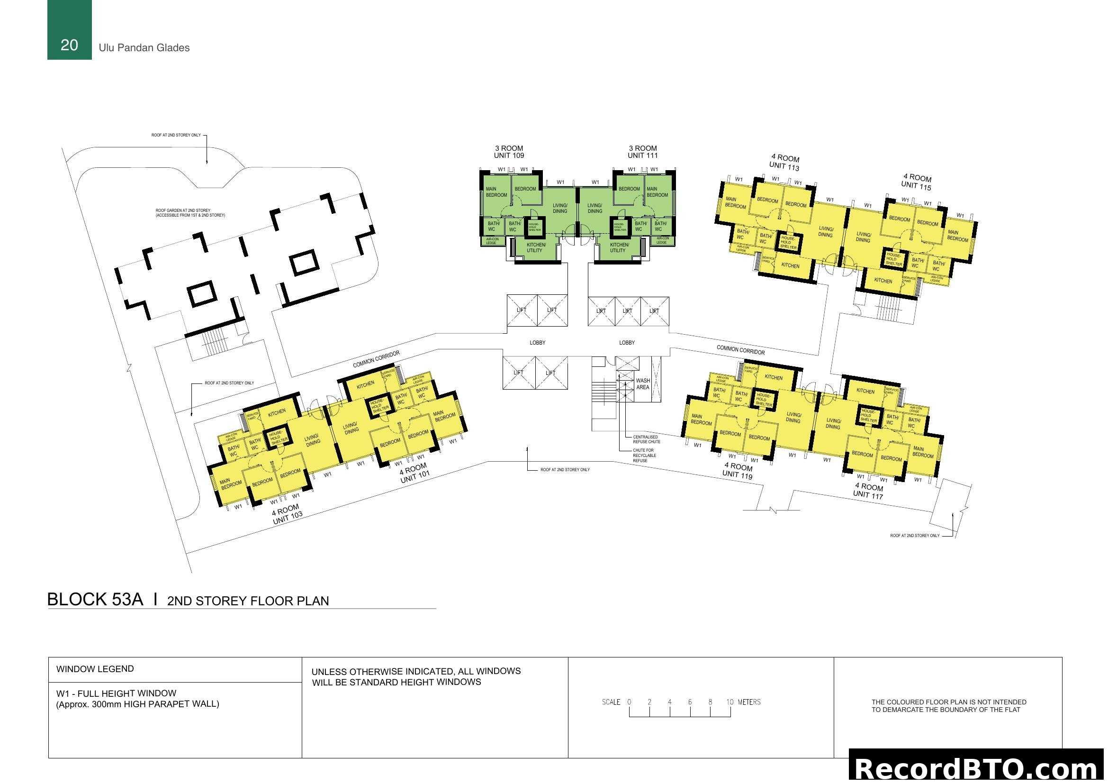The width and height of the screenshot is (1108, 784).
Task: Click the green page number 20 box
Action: click(x=69, y=30)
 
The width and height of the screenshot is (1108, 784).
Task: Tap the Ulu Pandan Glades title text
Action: click(x=144, y=48)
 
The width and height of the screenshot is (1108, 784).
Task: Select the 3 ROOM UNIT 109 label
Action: click(x=509, y=152)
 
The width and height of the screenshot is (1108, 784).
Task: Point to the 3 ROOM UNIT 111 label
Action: click(x=642, y=152)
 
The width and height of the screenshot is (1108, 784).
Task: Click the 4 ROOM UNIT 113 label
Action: click(x=784, y=162)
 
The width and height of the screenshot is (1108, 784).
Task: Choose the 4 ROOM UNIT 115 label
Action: click(x=917, y=182)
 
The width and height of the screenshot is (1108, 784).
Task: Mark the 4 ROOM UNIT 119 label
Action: click(x=738, y=470)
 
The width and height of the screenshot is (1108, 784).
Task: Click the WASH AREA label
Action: click(x=643, y=384)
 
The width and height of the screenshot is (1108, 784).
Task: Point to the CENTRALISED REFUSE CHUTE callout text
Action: click(x=647, y=439)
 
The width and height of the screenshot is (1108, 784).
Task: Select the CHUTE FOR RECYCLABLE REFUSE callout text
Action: click(x=644, y=455)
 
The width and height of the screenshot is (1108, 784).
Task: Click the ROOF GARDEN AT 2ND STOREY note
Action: click(x=190, y=213)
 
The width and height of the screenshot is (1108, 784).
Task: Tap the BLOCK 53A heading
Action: click(x=95, y=599)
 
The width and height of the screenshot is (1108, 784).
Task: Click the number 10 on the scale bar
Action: click(x=730, y=702)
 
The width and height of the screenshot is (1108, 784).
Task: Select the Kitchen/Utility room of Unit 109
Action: click(x=536, y=247)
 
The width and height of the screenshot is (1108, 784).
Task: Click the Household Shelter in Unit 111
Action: click(x=620, y=227)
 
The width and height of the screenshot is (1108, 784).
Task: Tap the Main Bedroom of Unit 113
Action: click(x=736, y=203)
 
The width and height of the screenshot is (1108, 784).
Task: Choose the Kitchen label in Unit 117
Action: click(x=865, y=391)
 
